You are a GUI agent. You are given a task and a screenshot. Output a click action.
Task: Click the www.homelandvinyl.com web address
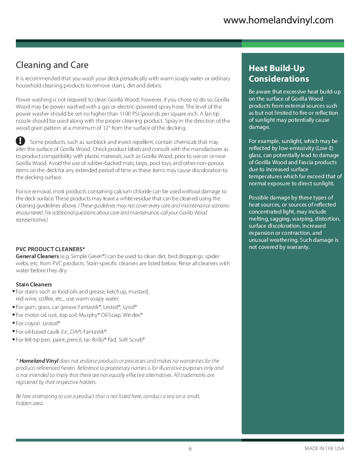click(x=278, y=20)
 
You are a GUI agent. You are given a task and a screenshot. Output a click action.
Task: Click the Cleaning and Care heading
click(x=52, y=65)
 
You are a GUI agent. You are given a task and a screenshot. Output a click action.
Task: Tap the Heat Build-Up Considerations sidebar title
click(x=279, y=74)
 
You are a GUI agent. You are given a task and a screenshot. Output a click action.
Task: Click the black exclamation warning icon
click(x=20, y=141)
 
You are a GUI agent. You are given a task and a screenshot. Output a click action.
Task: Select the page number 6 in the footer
click(x=190, y=449)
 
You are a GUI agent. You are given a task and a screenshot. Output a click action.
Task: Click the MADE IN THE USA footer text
click(x=324, y=449)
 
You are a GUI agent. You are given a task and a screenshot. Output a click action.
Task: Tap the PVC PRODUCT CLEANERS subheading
click(x=50, y=249)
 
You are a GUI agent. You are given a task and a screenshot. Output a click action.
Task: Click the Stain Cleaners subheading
click(x=34, y=284)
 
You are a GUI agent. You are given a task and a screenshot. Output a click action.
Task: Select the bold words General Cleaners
click(x=37, y=256)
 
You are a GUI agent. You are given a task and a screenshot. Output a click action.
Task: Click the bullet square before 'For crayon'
click(x=13, y=323)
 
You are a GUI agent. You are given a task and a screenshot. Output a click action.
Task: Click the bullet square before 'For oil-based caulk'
click(x=13, y=331)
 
